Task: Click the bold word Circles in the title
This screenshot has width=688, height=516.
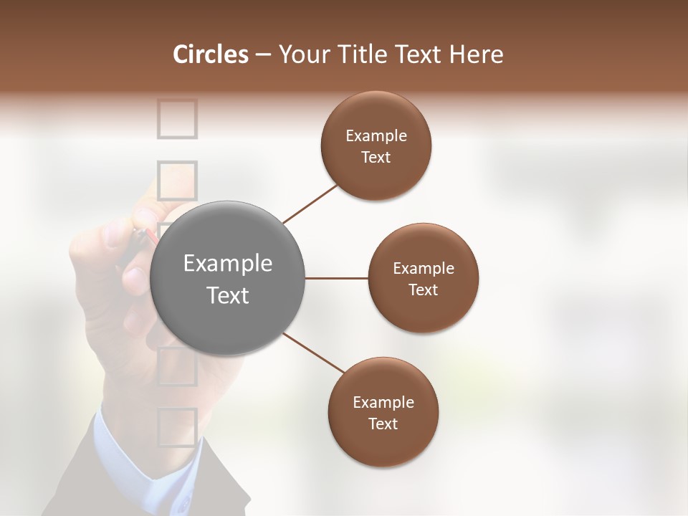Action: [210, 54]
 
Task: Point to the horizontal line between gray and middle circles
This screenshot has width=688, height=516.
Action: [336, 278]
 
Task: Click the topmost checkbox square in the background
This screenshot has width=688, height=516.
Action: [176, 118]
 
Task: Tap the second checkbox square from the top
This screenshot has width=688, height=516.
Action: [176, 179]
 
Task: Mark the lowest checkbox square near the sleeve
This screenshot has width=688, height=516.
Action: [176, 427]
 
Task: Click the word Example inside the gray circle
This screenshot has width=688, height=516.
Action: [228, 264]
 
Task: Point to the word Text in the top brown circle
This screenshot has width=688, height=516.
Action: [376, 158]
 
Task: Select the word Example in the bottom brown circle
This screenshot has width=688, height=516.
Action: [383, 403]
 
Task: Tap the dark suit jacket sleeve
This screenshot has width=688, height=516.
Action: [79, 487]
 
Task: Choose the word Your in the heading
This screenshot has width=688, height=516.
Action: [301, 54]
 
